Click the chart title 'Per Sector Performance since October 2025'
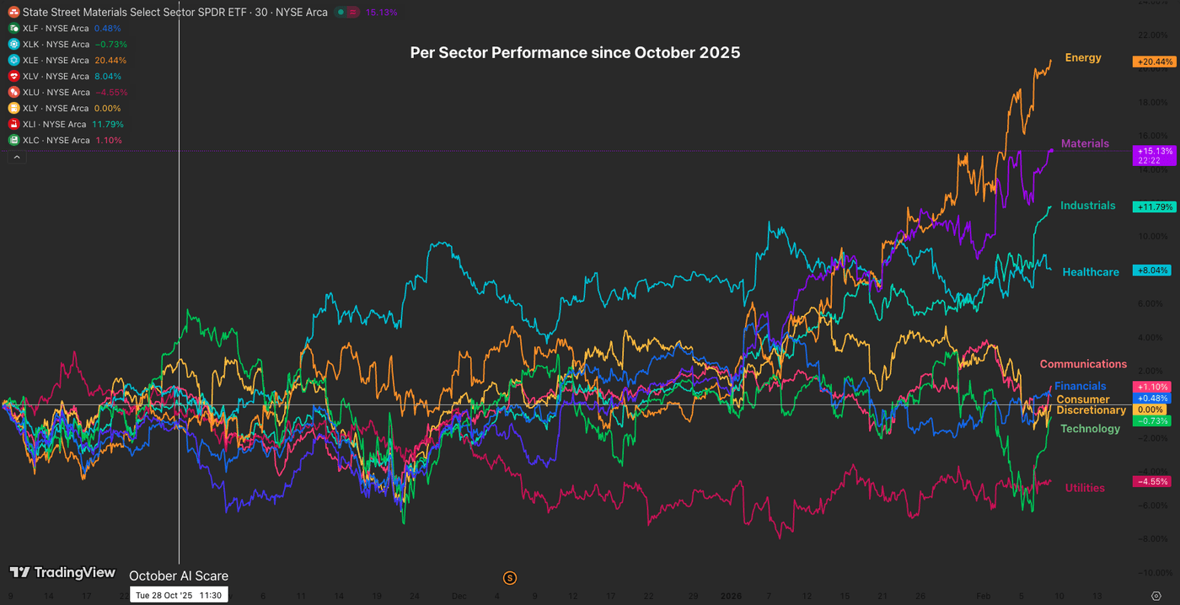[x=575, y=52]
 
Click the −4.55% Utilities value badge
[x=1152, y=482]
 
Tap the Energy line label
[x=1083, y=58]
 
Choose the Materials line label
[x=1085, y=144]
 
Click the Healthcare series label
[x=1091, y=272]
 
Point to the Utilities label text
[x=1085, y=488]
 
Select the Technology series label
[x=1090, y=429]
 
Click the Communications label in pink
[x=1083, y=364]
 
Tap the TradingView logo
[x=62, y=573]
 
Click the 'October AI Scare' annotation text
[x=179, y=576]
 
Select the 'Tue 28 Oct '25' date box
[x=178, y=595]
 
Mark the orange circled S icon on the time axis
[x=509, y=577]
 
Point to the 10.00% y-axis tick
[x=1153, y=237]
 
